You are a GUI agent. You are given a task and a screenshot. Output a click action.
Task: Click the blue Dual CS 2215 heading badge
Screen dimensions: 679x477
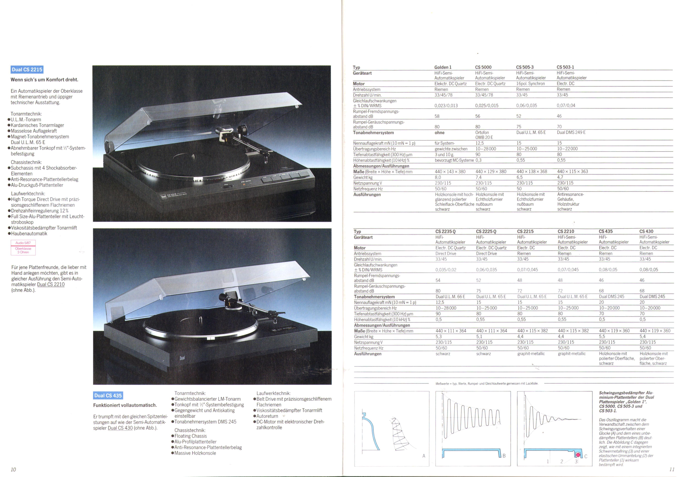point(27,70)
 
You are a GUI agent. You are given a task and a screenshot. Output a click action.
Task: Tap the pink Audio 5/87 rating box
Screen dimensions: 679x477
point(23,248)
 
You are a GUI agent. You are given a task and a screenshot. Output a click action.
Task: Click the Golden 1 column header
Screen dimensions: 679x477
point(443,67)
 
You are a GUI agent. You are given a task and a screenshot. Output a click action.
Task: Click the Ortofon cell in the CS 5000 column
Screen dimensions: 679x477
point(482,133)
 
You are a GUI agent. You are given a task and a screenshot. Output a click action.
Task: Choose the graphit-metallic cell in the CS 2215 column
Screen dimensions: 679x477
point(531,354)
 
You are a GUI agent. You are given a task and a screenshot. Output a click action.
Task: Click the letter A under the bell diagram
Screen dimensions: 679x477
point(424,456)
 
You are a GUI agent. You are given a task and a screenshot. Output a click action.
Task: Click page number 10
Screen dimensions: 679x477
point(13,469)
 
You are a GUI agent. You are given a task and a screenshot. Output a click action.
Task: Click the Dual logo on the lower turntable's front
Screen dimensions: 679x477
point(182,358)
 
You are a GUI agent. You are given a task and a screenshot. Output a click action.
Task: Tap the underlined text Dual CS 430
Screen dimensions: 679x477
point(120,428)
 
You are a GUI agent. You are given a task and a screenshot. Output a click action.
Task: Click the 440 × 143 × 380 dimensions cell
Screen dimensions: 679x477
point(450,172)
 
